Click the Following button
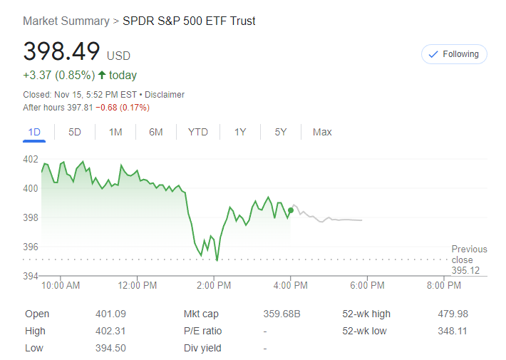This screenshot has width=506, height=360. point(454,54)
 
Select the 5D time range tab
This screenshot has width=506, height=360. point(75,132)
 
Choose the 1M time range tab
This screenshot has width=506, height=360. point(115,132)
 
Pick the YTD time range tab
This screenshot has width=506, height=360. point(198,132)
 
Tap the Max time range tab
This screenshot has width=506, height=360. point(322,132)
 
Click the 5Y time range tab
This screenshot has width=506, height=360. point(281,132)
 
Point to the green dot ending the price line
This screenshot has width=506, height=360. point(291,210)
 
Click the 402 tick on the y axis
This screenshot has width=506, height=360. point(31,159)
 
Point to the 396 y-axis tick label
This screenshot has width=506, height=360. point(31,247)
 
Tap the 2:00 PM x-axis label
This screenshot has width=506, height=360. point(213,286)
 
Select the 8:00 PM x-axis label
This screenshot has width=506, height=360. point(443,286)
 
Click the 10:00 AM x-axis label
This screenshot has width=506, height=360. point(61,286)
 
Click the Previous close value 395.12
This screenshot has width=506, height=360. point(465,270)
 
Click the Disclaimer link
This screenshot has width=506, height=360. point(165,94)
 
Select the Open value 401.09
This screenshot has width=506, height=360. point(110,314)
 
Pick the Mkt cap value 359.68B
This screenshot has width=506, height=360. point(282,314)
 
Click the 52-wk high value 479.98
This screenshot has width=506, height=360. point(453,314)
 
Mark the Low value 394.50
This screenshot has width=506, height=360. point(110,348)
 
